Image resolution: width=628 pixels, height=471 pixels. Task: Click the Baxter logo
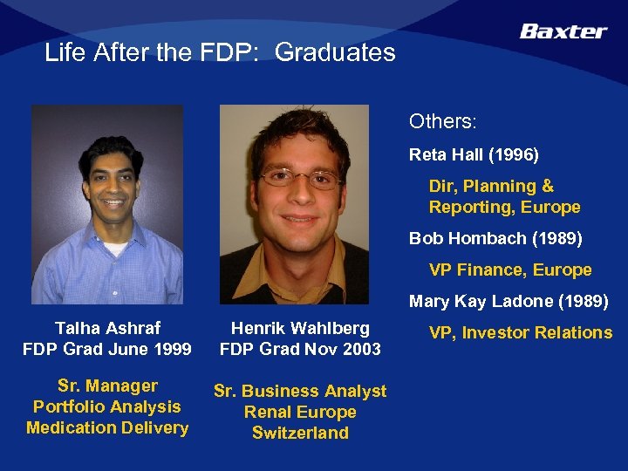(x=563, y=31)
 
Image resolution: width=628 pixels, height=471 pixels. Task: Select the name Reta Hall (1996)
(x=474, y=155)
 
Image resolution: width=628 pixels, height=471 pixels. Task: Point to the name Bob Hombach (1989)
(x=495, y=238)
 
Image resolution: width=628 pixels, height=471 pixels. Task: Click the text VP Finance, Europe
(x=509, y=270)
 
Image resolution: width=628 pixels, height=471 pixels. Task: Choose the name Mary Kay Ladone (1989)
(x=509, y=303)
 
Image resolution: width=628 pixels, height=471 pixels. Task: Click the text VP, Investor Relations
(x=520, y=332)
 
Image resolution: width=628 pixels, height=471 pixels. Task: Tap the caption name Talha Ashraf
(x=107, y=328)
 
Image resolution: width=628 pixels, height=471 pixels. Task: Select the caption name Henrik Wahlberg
(x=300, y=328)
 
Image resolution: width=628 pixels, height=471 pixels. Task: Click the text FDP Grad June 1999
(x=107, y=349)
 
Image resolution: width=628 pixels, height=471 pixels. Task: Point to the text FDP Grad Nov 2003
(x=300, y=349)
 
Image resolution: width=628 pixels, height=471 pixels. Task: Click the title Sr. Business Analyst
(x=300, y=391)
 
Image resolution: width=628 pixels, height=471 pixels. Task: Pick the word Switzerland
(x=300, y=433)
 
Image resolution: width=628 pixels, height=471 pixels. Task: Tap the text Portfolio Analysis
(x=107, y=406)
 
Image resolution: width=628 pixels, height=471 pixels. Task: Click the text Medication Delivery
(x=107, y=427)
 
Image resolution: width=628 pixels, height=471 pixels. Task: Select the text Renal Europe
(x=300, y=412)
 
